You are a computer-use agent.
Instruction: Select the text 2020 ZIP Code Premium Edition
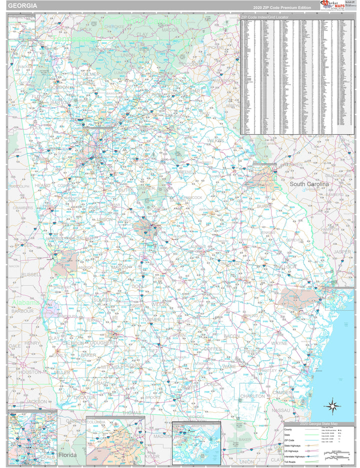pyautogui.click(x=281, y=7)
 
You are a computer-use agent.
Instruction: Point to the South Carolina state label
pyautogui.click(x=310, y=184)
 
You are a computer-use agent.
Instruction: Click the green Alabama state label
pyautogui.click(x=25, y=303)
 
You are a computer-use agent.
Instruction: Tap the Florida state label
pyautogui.click(x=67, y=456)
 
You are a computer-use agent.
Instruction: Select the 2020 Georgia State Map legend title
pyautogui.click(x=318, y=424)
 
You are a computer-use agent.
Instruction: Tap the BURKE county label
pyautogui.click(x=264, y=206)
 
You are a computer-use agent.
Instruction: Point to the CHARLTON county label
pyautogui.click(x=253, y=396)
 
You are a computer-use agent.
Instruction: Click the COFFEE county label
pyautogui.click(x=213, y=349)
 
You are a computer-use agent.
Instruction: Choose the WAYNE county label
pyautogui.click(x=279, y=344)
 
